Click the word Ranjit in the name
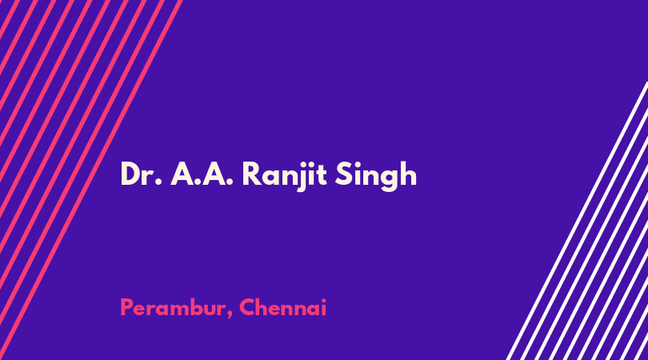coord(284,176)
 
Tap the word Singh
coord(376,176)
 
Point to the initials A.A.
coord(202,174)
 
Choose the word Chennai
coord(282,307)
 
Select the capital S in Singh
coord(343,174)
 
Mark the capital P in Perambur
coord(126,307)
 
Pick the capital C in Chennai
coord(247,307)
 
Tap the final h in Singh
coord(409,174)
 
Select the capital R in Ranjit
coord(252,174)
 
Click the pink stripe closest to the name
coord(90,180)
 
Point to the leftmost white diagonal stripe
coord(577,221)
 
